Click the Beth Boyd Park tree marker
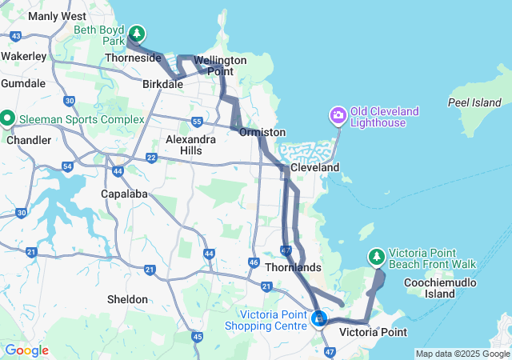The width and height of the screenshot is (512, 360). coord(138,33)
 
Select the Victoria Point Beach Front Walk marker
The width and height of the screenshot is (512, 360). coord(376,257)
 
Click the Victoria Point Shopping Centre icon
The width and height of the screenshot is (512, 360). coord(319,319)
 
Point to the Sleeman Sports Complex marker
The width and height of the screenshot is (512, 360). coord(8,119)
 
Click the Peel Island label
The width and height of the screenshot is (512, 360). coord(474,103)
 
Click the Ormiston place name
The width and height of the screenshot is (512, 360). coord(262,131)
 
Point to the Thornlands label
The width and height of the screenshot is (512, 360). coord(293,267)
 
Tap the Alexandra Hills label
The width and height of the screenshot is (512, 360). coord(190,144)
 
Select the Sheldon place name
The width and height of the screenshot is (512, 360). coord(127,299)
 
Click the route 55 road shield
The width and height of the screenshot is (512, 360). coord(197,121)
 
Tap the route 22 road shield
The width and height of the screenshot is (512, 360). coord(151,158)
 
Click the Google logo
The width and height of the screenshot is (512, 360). coord(26,350)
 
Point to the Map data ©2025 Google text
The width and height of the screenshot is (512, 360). coord(462,354)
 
